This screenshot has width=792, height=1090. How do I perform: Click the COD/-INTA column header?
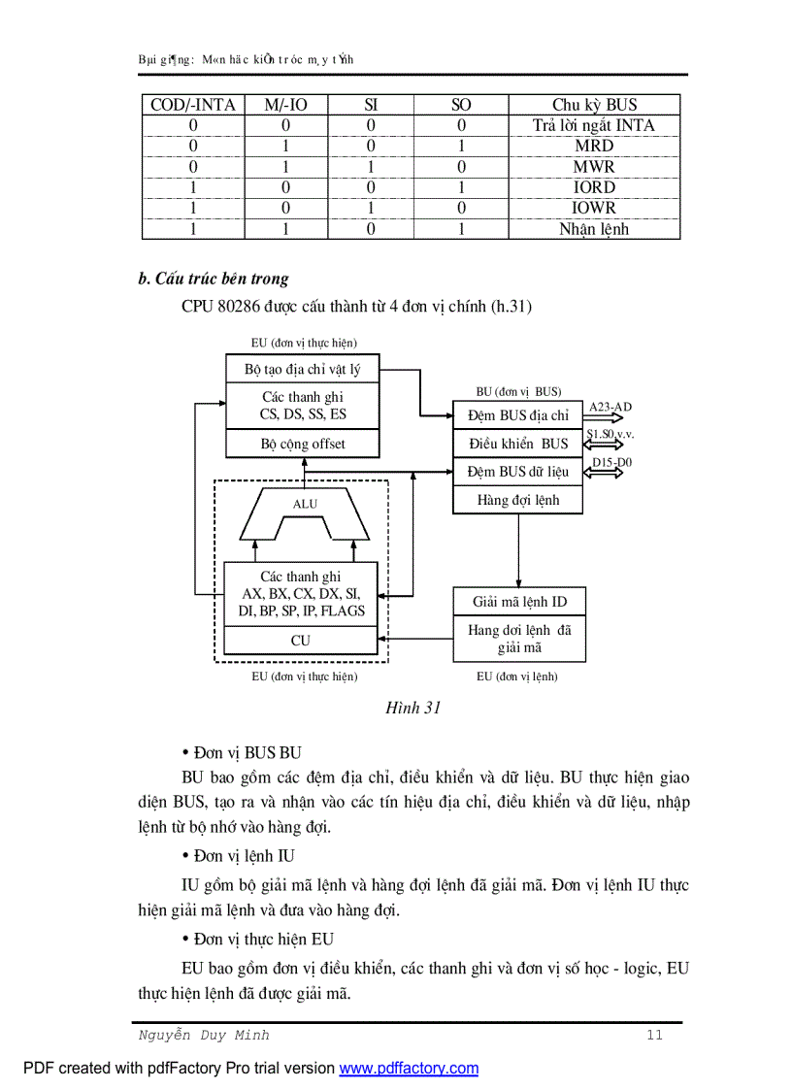click(193, 105)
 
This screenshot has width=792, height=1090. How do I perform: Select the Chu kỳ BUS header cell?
click(594, 105)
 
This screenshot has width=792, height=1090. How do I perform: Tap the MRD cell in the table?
click(594, 146)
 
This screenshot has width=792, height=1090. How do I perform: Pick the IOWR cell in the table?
click(594, 208)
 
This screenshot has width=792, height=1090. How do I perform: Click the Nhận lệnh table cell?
click(594, 229)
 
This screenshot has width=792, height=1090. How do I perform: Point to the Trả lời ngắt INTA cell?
click(594, 125)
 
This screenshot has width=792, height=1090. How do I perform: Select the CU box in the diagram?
click(301, 641)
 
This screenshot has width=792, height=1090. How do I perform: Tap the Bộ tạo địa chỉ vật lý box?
click(302, 369)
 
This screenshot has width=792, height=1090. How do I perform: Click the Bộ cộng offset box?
click(302, 444)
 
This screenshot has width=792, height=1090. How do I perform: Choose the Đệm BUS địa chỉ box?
click(518, 415)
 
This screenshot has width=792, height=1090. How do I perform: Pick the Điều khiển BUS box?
click(518, 444)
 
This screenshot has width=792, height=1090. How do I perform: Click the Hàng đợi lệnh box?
click(518, 500)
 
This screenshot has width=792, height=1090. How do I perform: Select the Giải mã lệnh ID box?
click(519, 602)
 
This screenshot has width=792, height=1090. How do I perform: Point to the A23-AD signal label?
click(610, 407)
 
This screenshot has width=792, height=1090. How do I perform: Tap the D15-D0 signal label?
click(611, 463)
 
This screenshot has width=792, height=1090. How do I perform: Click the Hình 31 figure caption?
click(413, 708)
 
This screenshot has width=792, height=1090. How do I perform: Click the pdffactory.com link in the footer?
click(409, 1069)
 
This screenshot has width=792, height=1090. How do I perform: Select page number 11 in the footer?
click(654, 1035)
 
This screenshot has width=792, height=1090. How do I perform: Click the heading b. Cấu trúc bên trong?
click(214, 279)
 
